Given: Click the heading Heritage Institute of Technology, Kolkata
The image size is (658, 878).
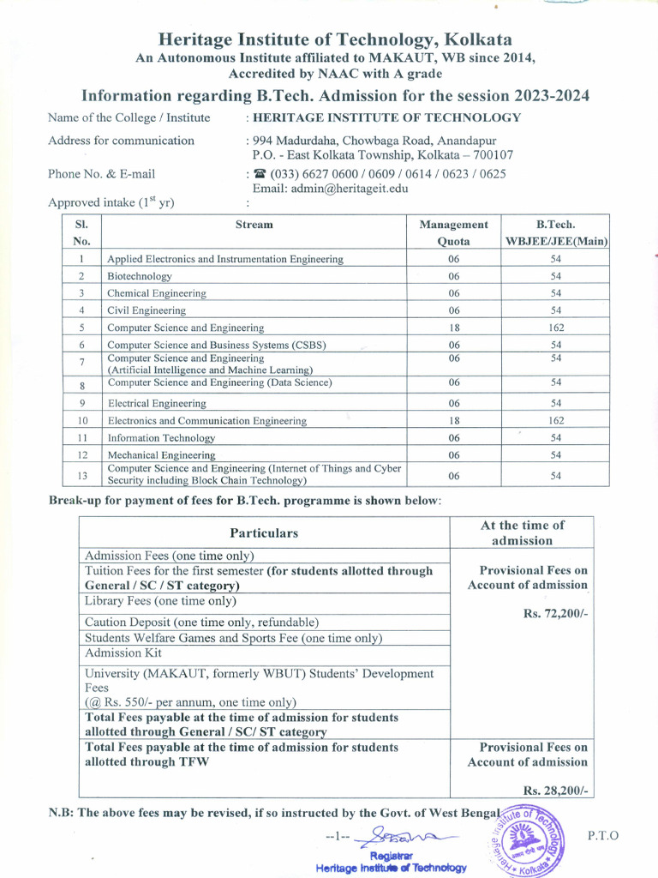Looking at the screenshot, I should [335, 40].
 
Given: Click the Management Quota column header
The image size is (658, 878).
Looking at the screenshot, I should [453, 232].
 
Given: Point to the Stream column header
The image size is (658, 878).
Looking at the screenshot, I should [254, 225].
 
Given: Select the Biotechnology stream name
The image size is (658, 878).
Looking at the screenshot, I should [139, 276].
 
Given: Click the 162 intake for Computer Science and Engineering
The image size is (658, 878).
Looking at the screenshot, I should [555, 328].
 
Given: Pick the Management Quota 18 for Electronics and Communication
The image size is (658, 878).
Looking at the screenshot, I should [453, 421].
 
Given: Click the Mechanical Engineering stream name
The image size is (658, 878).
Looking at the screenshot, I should [161, 455].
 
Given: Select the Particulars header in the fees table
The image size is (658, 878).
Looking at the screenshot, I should [264, 532].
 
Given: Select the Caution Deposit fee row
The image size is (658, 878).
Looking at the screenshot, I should [201, 622].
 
